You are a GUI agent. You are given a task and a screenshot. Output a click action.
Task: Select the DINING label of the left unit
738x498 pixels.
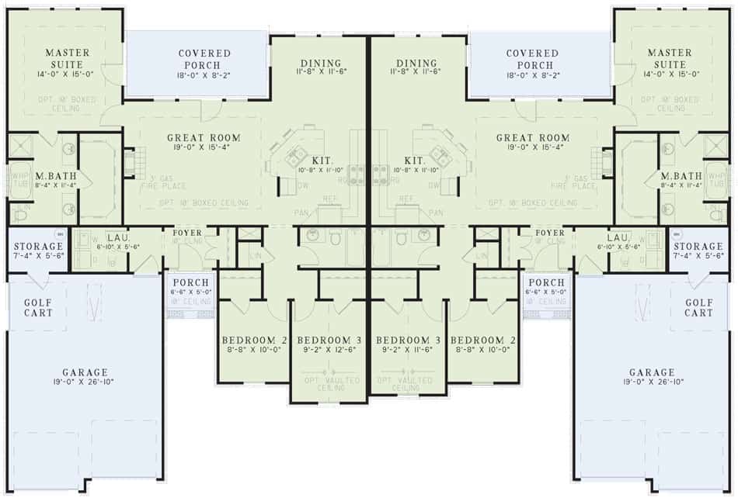click(x=319, y=63)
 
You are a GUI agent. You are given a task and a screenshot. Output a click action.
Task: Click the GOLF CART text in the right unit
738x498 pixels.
click(x=698, y=308)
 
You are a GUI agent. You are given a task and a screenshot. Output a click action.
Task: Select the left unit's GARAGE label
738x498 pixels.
click(x=86, y=372)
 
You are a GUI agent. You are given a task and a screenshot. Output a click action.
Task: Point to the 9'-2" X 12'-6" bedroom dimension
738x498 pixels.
click(x=331, y=351)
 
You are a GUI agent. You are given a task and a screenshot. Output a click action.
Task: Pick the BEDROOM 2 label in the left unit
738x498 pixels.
click(x=255, y=341)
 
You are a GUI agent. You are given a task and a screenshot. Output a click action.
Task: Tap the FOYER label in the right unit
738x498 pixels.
click(x=550, y=233)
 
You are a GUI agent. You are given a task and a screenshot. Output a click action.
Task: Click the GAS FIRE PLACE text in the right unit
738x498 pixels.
click(x=576, y=182)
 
